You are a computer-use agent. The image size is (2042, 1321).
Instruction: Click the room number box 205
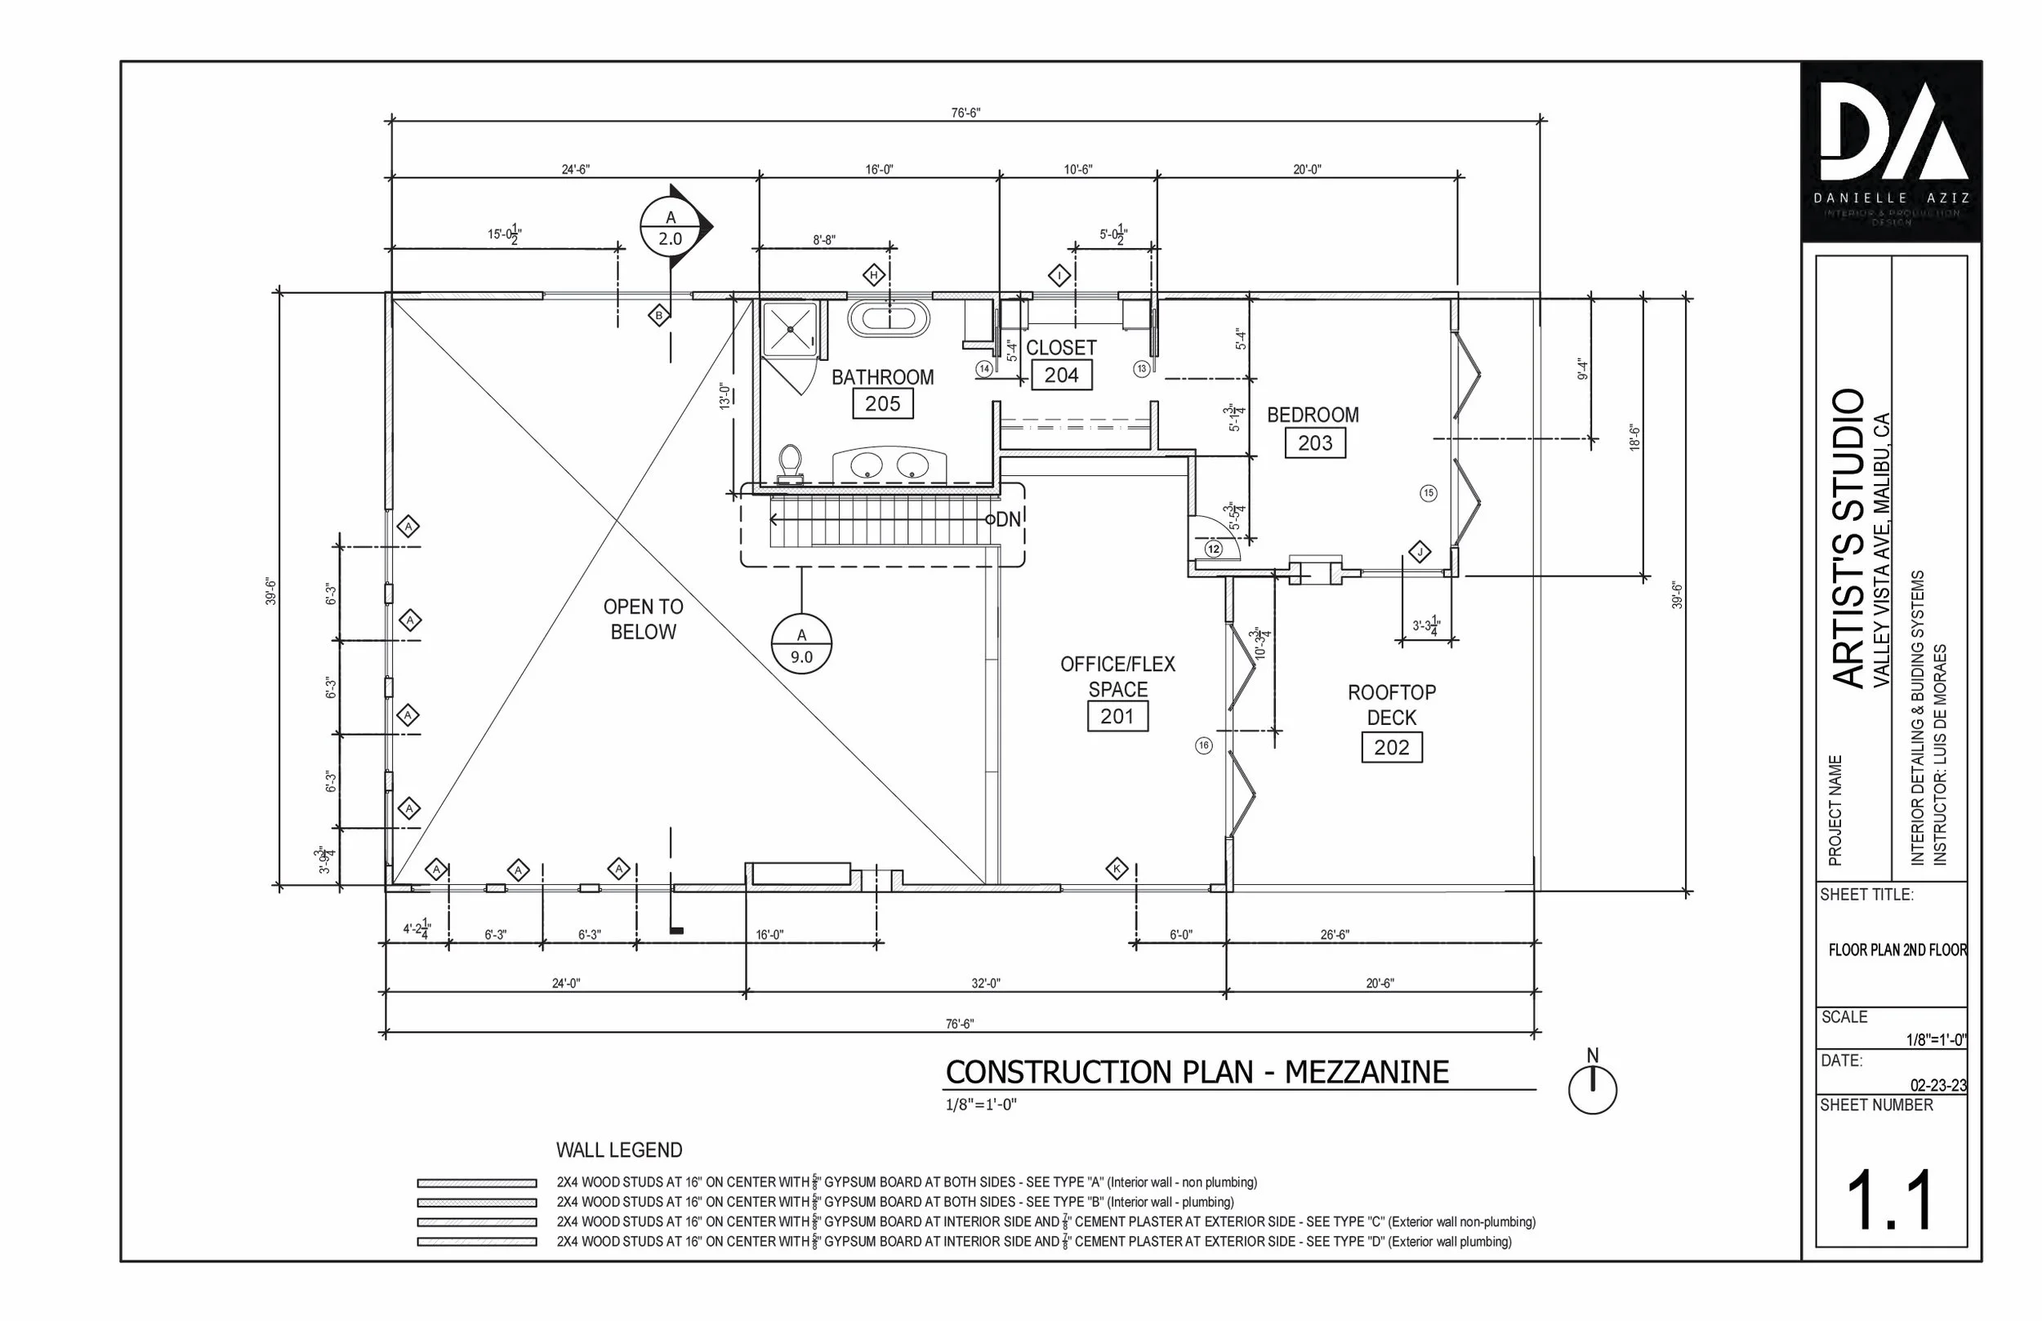pyautogui.click(x=882, y=403)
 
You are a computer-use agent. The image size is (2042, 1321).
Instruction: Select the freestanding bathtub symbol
pyautogui.click(x=889, y=318)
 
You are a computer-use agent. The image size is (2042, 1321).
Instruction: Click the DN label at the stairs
pyautogui.click(x=1008, y=519)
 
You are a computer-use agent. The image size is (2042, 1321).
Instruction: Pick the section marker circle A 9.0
pyautogui.click(x=801, y=644)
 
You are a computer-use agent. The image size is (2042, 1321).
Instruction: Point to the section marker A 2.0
pyautogui.click(x=671, y=227)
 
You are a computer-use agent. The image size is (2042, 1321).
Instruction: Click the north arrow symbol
pyautogui.click(x=1593, y=1089)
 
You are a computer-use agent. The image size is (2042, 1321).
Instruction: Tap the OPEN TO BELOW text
pyautogui.click(x=643, y=619)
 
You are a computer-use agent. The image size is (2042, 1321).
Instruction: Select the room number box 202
pyautogui.click(x=1391, y=747)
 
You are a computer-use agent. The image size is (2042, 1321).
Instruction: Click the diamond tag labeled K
pyautogui.click(x=1117, y=869)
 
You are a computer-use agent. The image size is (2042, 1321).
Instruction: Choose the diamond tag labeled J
pyautogui.click(x=1419, y=552)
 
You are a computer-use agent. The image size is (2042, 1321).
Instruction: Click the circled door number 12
pyautogui.click(x=1213, y=549)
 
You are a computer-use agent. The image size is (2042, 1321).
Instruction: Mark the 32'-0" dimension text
pyautogui.click(x=985, y=983)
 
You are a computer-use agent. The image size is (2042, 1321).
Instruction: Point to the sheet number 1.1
pyautogui.click(x=1889, y=1201)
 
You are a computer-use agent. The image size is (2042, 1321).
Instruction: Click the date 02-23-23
pyautogui.click(x=1937, y=1085)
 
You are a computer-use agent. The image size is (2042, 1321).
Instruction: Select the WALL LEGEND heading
pyautogui.click(x=618, y=1150)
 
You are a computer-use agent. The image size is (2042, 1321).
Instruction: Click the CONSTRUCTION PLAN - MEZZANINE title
pyautogui.click(x=1196, y=1072)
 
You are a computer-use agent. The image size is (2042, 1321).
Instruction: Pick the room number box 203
pyautogui.click(x=1314, y=443)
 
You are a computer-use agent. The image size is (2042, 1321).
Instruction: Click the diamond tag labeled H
pyautogui.click(x=873, y=275)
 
